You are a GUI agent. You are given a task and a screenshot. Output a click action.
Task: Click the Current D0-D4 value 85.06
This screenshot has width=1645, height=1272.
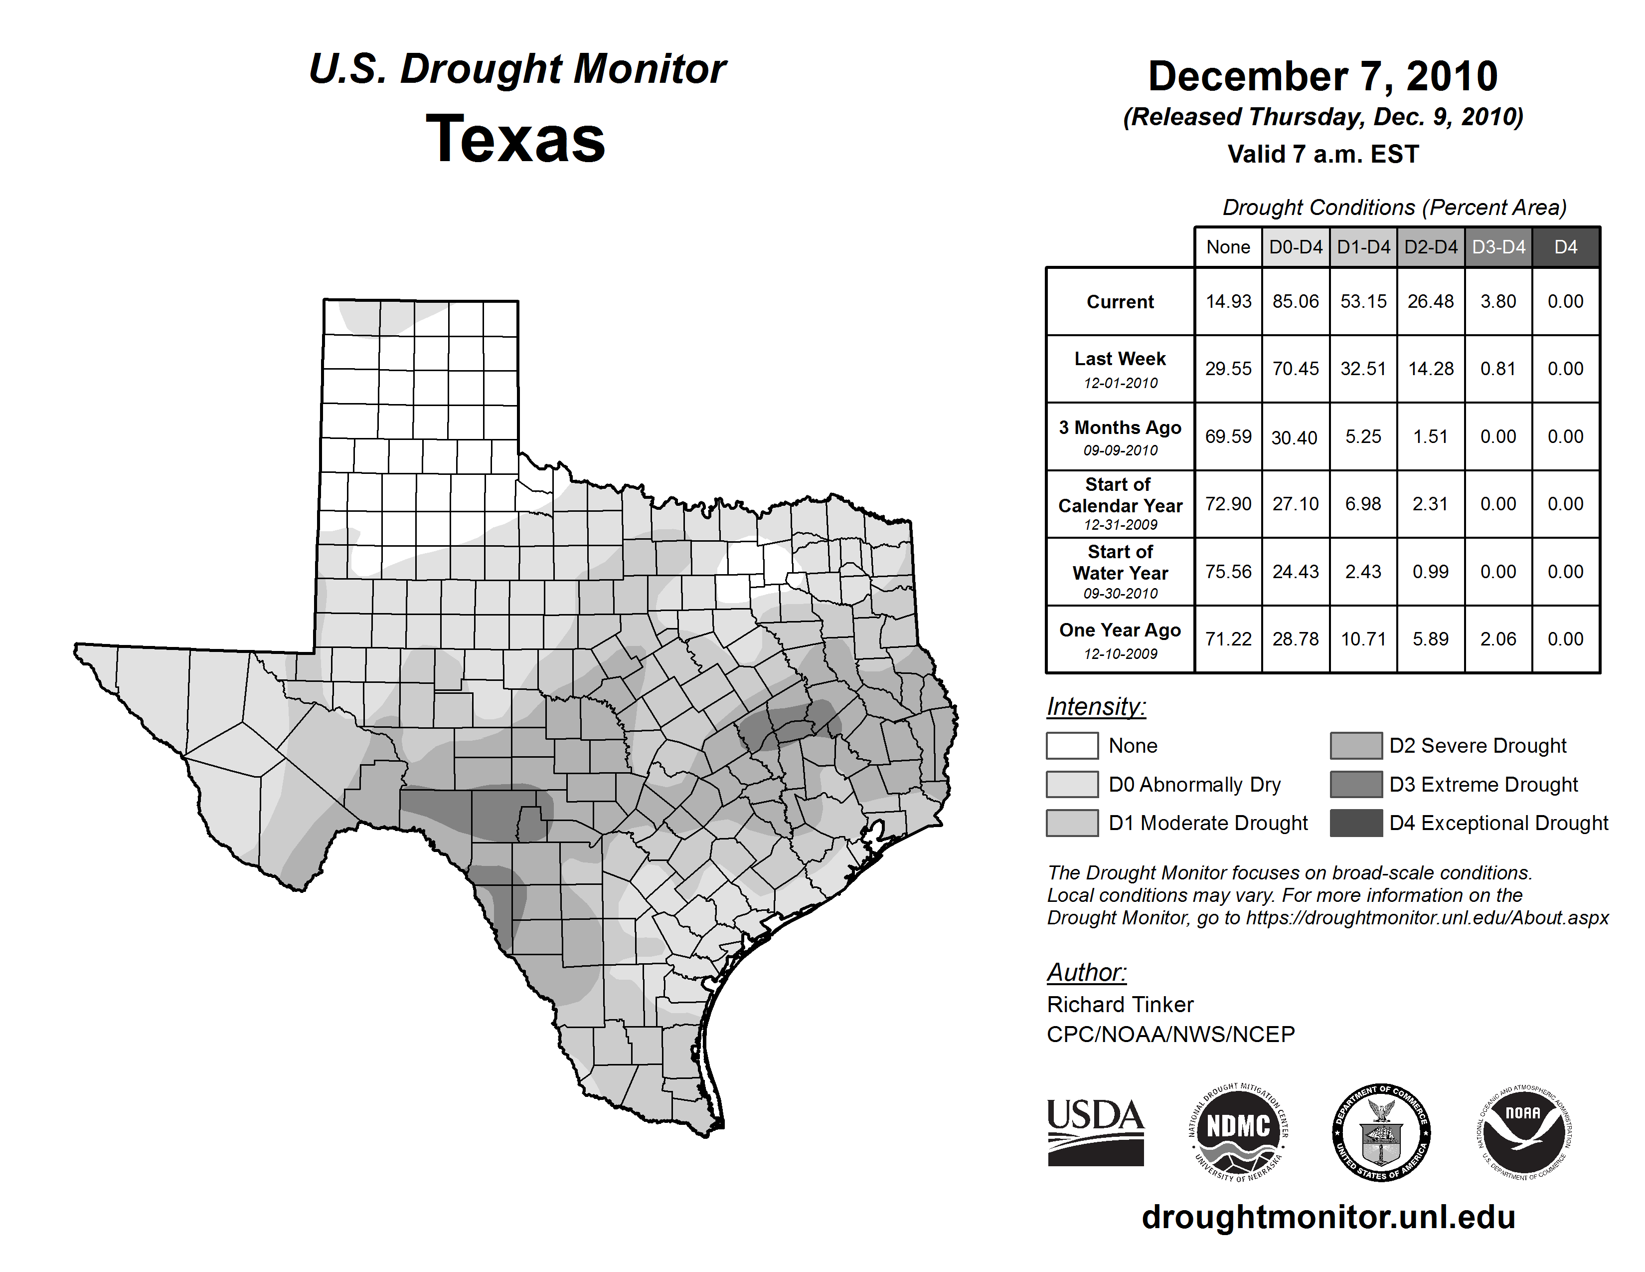(1296, 301)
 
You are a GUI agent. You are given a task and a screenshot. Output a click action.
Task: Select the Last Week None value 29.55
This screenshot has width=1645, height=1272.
(1228, 369)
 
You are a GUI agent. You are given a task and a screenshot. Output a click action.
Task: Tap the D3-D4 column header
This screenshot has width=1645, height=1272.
(1498, 247)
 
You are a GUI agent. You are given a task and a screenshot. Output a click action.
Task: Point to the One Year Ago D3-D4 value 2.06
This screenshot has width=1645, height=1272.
(1498, 639)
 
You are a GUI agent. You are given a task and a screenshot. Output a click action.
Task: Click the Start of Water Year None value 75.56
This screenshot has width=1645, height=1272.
(1228, 572)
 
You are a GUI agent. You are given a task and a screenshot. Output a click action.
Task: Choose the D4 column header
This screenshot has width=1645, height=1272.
(1565, 247)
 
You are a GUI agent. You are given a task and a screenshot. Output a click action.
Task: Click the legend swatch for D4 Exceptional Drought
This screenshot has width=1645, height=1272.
(1356, 823)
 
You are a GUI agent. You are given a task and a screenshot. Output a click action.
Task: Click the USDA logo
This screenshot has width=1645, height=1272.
(1095, 1132)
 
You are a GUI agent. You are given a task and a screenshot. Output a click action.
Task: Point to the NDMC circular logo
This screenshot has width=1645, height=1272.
(1238, 1132)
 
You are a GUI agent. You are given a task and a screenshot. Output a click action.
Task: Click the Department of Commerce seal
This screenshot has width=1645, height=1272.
(1381, 1132)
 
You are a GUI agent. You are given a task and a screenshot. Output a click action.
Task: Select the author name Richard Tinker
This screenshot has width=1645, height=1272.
(1120, 1005)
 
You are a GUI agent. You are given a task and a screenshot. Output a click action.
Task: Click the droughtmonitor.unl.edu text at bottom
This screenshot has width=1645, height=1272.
(1328, 1217)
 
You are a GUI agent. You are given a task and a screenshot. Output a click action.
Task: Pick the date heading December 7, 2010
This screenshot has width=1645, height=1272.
(1322, 77)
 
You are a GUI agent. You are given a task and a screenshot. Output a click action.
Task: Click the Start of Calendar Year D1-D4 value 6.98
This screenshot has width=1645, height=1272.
(1363, 504)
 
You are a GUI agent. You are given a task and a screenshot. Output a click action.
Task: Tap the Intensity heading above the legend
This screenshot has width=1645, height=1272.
(1096, 707)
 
